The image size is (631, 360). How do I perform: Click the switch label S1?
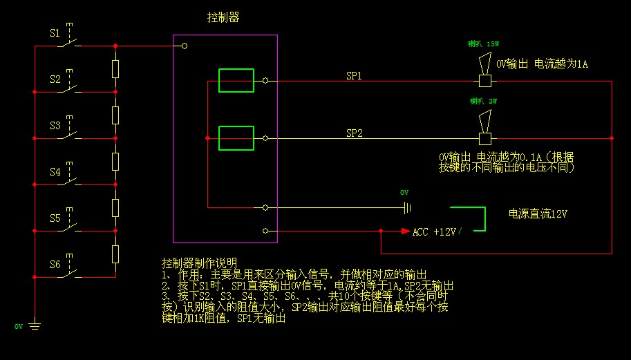pyautogui.click(x=55, y=32)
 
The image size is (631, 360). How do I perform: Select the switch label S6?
pyautogui.click(x=55, y=265)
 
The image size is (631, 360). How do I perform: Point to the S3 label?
pyautogui.click(x=55, y=126)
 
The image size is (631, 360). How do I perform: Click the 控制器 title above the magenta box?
pyautogui.click(x=223, y=17)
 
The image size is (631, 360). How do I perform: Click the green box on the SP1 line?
pyautogui.click(x=236, y=80)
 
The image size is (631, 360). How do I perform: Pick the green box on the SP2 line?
pyautogui.click(x=236, y=138)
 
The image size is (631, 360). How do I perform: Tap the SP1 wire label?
pyautogui.click(x=354, y=75)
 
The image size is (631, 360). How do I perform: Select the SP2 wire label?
pyautogui.click(x=354, y=133)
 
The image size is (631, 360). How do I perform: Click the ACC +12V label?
pyautogui.click(x=434, y=232)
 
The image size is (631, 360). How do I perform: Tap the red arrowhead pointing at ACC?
pyautogui.click(x=406, y=231)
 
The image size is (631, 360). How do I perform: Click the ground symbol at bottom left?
pyautogui.click(x=34, y=324)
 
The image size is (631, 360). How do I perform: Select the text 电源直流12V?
pyautogui.click(x=538, y=213)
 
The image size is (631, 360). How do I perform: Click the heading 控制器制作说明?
pyautogui.click(x=199, y=263)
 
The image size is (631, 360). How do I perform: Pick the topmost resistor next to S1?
pyautogui.click(x=115, y=68)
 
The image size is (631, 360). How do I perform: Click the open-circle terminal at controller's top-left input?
pyautogui.click(x=185, y=46)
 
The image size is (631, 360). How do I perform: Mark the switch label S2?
pyautogui.click(x=55, y=79)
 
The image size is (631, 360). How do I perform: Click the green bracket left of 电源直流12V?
pyautogui.click(x=470, y=217)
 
